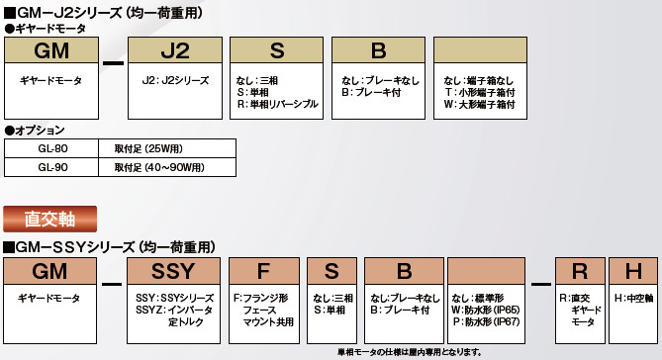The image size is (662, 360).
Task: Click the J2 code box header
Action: tap(175, 50)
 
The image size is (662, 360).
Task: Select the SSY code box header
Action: tap(173, 271)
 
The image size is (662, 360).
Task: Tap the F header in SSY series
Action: tap(264, 271)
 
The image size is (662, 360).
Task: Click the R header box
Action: tap(580, 271)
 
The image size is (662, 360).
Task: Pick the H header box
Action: tap(633, 271)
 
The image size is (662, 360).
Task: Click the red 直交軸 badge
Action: tap(49, 219)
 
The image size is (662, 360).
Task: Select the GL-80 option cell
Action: tap(51, 148)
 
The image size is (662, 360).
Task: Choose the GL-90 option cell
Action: tap(51, 167)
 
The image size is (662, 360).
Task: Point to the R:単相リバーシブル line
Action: tap(277, 104)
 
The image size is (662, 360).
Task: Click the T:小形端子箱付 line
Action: tap(480, 92)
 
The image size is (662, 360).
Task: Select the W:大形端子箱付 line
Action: tap(480, 104)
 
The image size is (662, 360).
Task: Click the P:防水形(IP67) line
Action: tap(486, 322)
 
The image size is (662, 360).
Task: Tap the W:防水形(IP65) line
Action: tap(486, 311)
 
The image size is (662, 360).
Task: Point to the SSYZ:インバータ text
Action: tap(174, 311)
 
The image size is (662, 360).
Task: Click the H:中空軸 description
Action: tap(633, 299)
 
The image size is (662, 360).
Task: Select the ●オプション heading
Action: tap(35, 131)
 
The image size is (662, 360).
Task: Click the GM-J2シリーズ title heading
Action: tap(103, 13)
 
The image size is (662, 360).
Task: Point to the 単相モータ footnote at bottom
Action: tap(410, 352)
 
